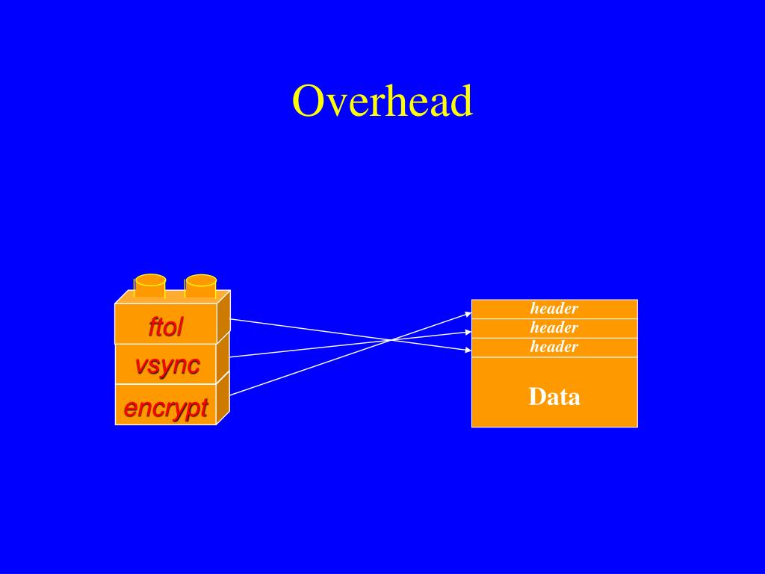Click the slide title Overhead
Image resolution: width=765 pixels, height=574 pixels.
[382, 102]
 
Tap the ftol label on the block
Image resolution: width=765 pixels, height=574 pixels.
[165, 327]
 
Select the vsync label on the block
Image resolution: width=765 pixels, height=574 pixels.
[167, 366]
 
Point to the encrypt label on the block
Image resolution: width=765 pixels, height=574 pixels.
[165, 408]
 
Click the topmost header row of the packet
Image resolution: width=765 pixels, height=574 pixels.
[554, 309]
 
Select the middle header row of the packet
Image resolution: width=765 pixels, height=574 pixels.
[554, 328]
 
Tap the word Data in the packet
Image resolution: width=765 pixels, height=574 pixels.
[554, 397]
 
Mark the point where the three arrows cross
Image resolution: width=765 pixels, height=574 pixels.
[391, 340]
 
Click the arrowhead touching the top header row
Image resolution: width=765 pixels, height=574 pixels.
[468, 312]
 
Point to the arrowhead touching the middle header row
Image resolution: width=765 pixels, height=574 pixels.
[468, 332]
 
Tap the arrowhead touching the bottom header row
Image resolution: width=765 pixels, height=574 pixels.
[468, 350]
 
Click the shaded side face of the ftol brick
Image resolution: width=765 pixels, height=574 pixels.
[223, 320]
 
